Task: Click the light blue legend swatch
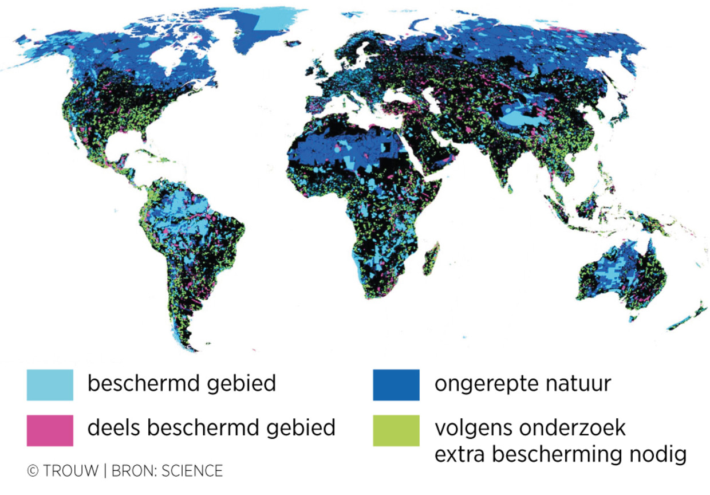(x=50, y=384)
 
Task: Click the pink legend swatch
(x=50, y=430)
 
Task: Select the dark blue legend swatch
(x=396, y=384)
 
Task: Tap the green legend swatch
(x=396, y=430)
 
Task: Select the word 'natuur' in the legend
(x=576, y=383)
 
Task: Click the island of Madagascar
(x=431, y=258)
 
